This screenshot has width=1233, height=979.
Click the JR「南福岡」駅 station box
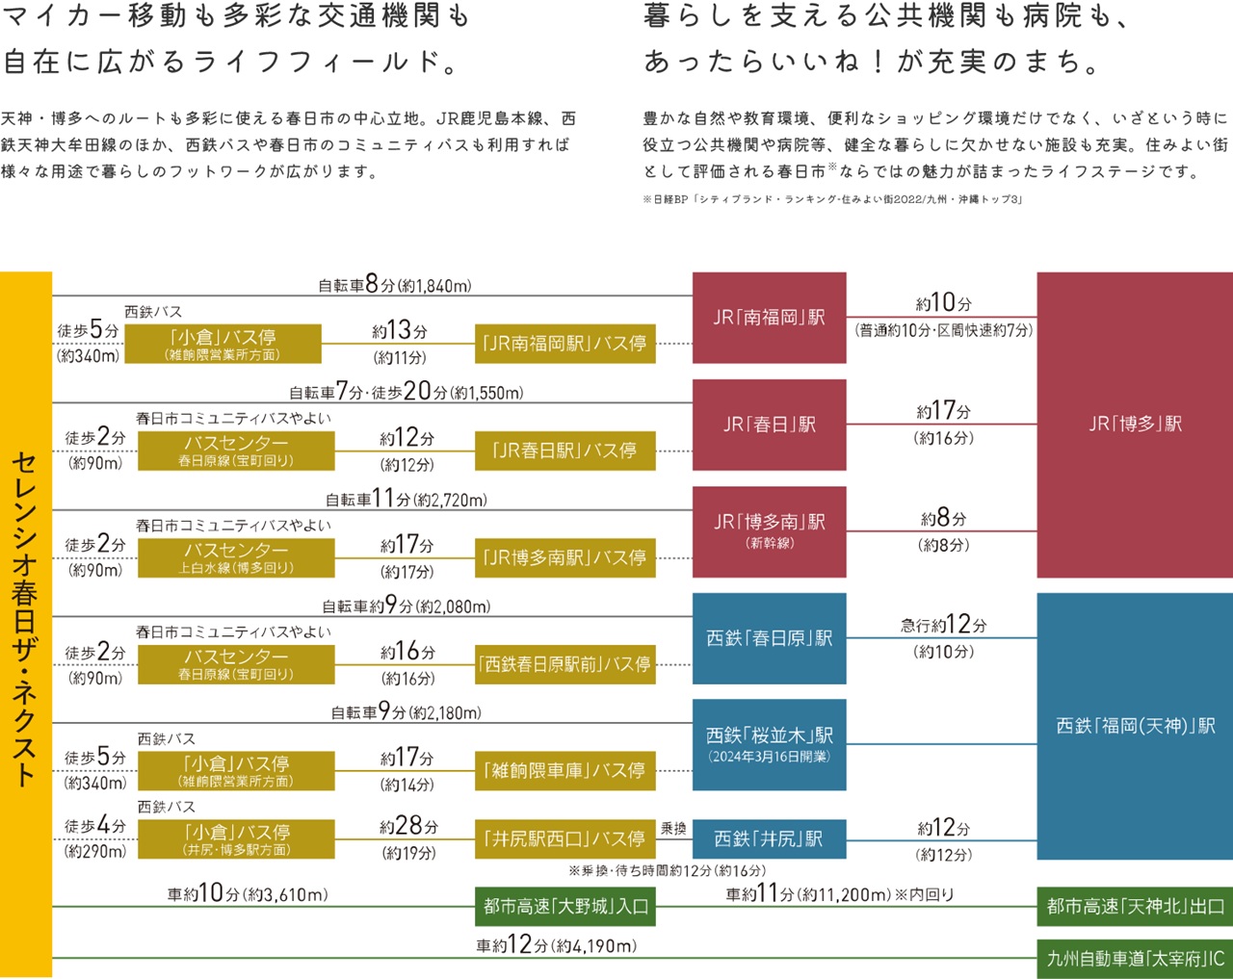[x=769, y=318]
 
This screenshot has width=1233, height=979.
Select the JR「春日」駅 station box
[x=769, y=425]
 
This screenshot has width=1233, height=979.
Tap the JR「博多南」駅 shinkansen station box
[x=769, y=530]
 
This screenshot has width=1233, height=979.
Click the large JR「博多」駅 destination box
[x=1134, y=425]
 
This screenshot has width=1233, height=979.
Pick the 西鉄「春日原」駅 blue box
[x=769, y=638]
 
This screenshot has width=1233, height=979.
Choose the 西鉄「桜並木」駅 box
[x=769, y=744]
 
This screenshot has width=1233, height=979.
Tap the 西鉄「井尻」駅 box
[x=769, y=838]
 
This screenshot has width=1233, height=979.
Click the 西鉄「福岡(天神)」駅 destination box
[x=1134, y=726]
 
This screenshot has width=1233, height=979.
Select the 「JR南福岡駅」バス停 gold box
[x=564, y=344]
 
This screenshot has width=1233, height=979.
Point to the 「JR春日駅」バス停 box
[x=564, y=451]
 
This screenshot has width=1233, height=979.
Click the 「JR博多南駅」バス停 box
[x=564, y=557]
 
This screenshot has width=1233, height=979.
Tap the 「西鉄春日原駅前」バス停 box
[x=564, y=664]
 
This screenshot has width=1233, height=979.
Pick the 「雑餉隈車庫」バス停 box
[x=564, y=770]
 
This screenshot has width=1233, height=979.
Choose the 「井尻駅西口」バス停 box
[x=564, y=838]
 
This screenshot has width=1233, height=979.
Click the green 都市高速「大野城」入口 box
[x=565, y=907]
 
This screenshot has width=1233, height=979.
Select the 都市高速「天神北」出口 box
[x=1134, y=907]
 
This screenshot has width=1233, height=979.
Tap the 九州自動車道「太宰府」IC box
[x=1134, y=959]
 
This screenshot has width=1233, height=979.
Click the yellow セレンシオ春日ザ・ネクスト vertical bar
[x=26, y=624]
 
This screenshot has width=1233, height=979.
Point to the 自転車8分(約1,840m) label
[x=395, y=285]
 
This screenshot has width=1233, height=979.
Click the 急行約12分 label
[x=943, y=625]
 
